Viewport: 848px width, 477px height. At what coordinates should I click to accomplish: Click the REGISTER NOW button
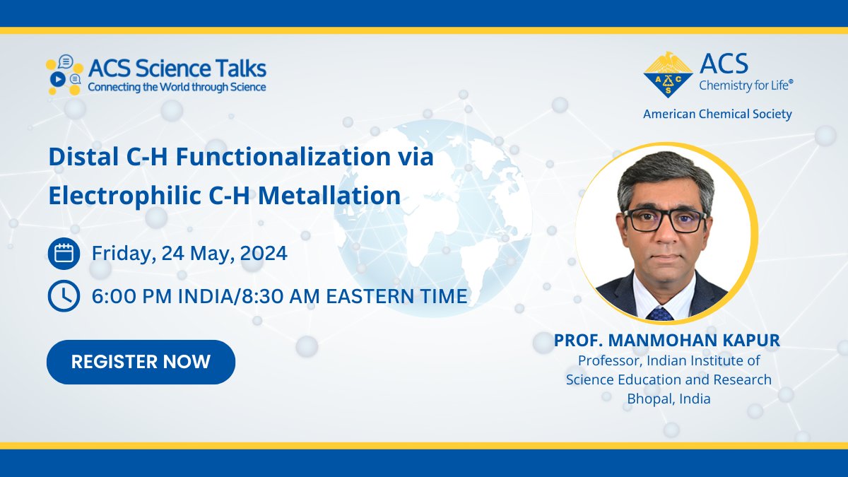point(141,362)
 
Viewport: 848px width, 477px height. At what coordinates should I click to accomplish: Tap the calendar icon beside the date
point(64,254)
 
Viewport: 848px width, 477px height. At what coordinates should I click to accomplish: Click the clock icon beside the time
point(64,296)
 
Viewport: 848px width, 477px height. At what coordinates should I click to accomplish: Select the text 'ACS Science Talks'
point(177,69)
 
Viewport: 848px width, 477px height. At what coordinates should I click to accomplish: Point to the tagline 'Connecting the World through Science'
point(177,87)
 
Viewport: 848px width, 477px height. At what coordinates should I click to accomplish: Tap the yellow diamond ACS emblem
point(668,74)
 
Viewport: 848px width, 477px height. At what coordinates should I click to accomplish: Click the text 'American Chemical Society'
point(717,114)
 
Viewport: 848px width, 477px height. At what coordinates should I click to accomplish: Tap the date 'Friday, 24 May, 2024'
point(189,254)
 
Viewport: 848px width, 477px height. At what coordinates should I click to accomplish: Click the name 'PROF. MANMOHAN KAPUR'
point(667,341)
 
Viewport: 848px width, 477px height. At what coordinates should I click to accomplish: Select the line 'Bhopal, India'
point(669,399)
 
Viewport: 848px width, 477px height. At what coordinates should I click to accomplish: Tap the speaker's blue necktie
point(660,313)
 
